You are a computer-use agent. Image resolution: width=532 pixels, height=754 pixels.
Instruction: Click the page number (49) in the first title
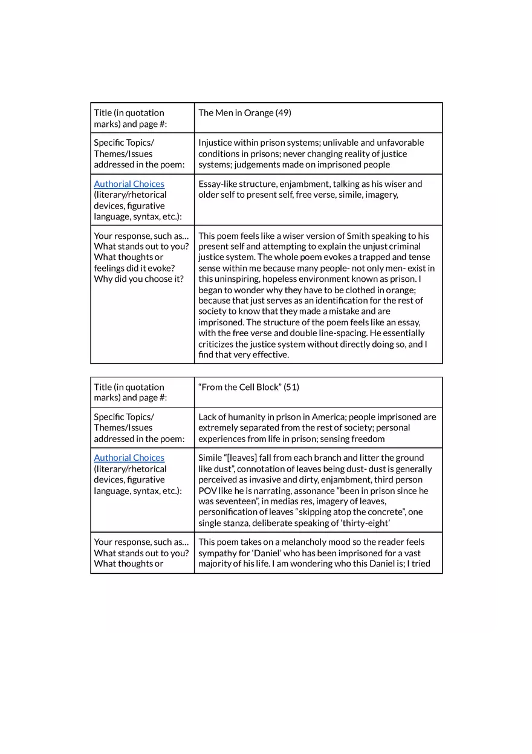click(x=283, y=112)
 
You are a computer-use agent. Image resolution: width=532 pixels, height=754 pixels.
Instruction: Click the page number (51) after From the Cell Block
click(x=291, y=387)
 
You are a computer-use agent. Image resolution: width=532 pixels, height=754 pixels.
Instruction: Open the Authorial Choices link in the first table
click(x=129, y=184)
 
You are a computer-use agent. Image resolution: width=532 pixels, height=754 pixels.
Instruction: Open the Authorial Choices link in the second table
click(x=129, y=458)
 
